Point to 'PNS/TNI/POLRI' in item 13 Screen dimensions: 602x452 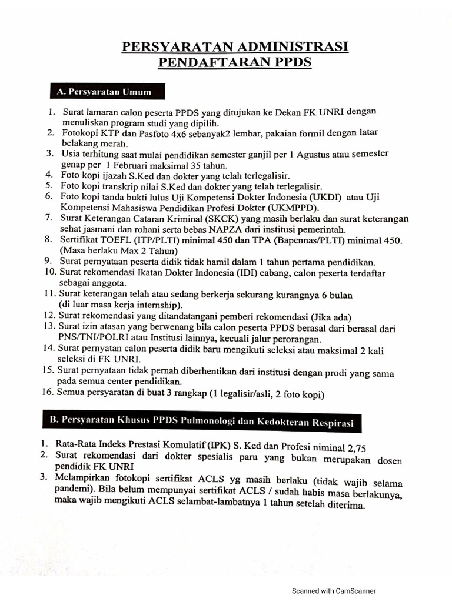coord(88,339)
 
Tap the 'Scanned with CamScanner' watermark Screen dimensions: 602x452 coord(334,591)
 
